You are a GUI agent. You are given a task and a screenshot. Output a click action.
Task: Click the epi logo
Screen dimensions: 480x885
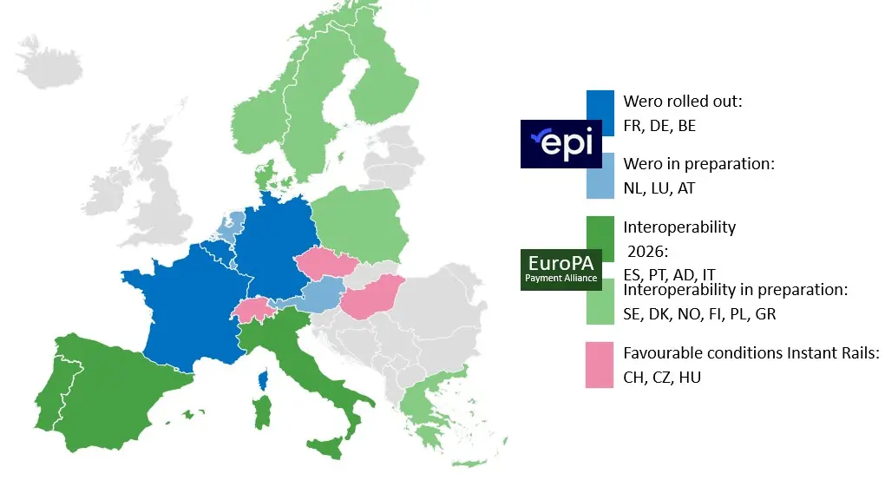coord(561,143)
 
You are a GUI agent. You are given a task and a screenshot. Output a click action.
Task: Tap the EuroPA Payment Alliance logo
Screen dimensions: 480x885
coord(560,270)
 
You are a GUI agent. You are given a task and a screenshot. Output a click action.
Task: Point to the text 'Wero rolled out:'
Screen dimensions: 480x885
coord(683,102)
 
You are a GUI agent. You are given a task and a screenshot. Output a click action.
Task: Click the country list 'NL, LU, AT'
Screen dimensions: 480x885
coord(659,187)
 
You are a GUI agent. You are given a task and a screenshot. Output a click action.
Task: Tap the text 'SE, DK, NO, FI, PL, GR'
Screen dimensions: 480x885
coord(699,313)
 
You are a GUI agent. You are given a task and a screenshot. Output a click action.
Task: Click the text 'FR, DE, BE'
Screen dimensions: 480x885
coord(659,126)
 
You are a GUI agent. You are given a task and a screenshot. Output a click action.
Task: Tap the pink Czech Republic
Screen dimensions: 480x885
coord(324,261)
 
